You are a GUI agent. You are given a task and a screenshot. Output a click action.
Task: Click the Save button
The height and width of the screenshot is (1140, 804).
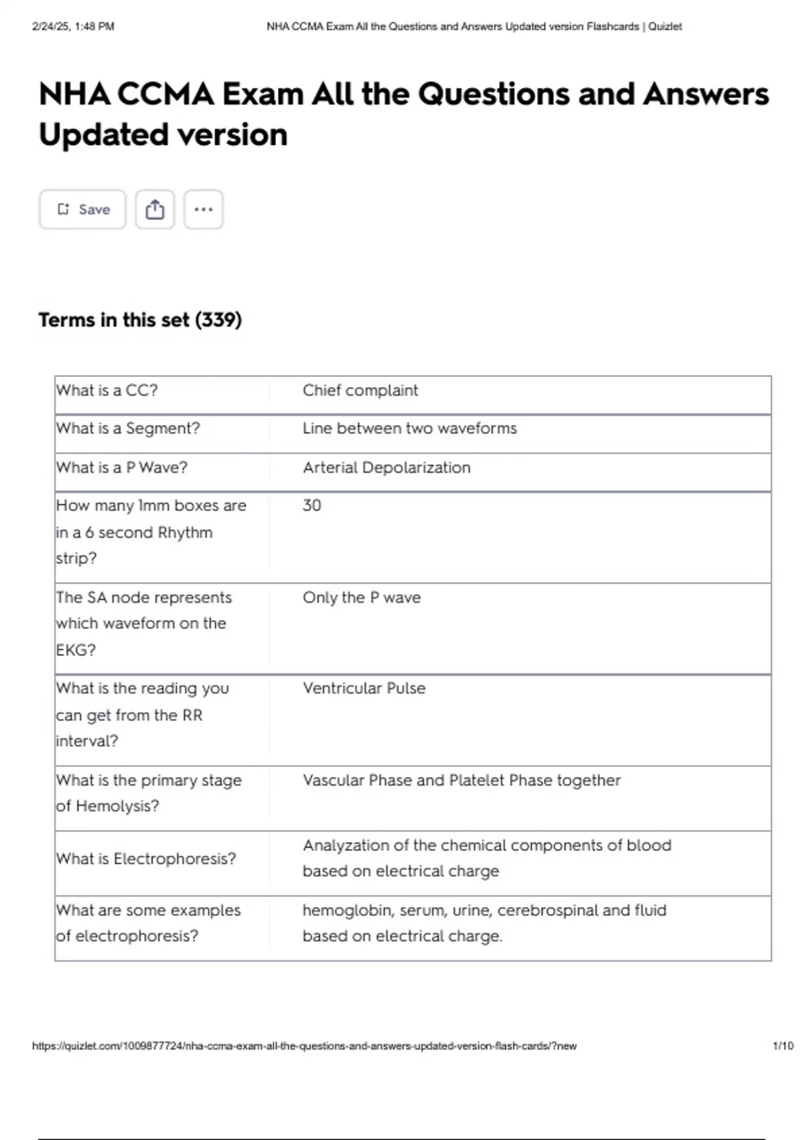[x=82, y=209]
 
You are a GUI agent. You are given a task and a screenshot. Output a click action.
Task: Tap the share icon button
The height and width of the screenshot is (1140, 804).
[x=155, y=209]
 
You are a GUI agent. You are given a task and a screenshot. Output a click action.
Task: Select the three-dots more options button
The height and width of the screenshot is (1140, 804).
[x=203, y=209]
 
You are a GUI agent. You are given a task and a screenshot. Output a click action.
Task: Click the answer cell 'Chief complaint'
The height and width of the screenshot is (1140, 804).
[x=360, y=390]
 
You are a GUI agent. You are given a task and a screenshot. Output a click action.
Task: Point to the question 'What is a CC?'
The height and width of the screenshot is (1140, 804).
[x=107, y=390]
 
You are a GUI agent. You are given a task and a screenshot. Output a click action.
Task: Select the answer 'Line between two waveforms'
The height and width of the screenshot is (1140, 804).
[x=409, y=429]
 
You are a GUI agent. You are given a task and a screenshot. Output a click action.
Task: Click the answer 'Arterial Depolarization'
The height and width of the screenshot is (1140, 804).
[x=387, y=467]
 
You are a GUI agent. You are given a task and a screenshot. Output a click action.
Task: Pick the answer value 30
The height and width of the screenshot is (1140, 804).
[x=312, y=505]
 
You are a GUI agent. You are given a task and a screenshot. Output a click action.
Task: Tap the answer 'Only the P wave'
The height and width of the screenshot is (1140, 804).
[x=362, y=597]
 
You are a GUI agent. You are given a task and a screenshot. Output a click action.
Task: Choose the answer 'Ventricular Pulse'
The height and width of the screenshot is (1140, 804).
[x=364, y=688]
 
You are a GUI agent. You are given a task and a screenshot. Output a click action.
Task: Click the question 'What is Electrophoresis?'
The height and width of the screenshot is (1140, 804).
[x=146, y=858]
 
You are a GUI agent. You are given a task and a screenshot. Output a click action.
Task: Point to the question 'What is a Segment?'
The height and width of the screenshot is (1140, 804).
[x=128, y=429]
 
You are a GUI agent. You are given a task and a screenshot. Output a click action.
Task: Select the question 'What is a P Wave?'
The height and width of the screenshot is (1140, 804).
[x=122, y=467]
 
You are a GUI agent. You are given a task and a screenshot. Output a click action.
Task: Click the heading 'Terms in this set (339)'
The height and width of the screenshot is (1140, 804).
[x=140, y=320]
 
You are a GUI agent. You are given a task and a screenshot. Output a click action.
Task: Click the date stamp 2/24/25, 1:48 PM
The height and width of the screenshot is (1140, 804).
[x=73, y=27]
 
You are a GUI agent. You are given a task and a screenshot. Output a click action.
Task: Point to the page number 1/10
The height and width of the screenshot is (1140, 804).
[x=783, y=1045]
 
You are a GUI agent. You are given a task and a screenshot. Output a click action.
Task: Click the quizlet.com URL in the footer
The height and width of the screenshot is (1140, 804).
[x=304, y=1045]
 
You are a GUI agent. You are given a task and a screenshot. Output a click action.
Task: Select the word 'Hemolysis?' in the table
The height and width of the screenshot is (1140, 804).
[x=117, y=806]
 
